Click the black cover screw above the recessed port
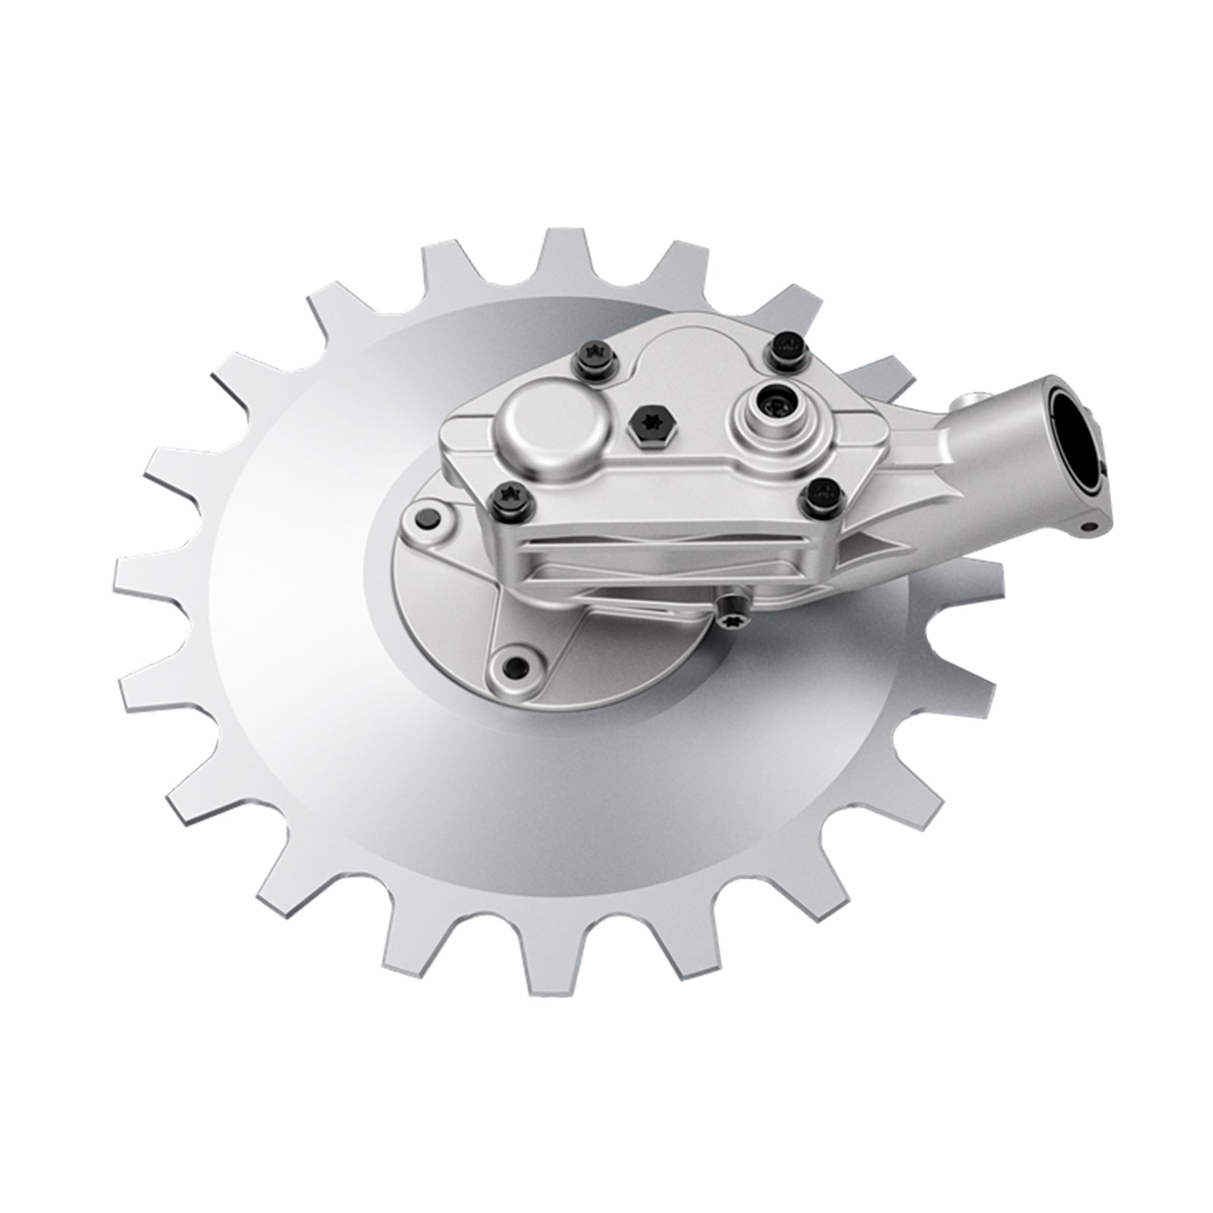(x=785, y=347)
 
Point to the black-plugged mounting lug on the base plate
(x=426, y=519)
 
